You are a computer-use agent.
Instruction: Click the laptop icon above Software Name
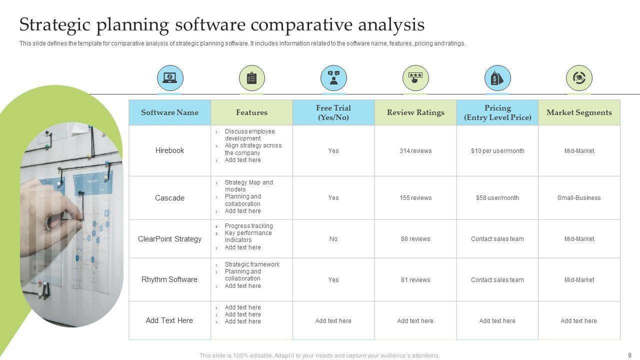pyautogui.click(x=170, y=78)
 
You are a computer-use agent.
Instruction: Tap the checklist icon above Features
pyautogui.click(x=251, y=78)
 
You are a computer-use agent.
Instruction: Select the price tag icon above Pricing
pyautogui.click(x=497, y=78)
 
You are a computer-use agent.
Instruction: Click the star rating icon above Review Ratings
pyautogui.click(x=415, y=78)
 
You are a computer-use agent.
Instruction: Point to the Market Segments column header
pyautogui.click(x=579, y=112)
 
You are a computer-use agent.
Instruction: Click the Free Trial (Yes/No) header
pyautogui.click(x=333, y=112)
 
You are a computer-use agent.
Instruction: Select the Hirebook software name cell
pyautogui.click(x=169, y=150)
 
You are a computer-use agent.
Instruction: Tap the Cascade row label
pyautogui.click(x=169, y=198)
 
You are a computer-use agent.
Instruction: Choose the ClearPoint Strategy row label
pyautogui.click(x=169, y=239)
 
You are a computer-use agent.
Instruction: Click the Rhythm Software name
pyautogui.click(x=169, y=279)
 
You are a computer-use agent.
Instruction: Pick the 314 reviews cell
pyautogui.click(x=415, y=151)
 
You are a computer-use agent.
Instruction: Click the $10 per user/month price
pyautogui.click(x=497, y=151)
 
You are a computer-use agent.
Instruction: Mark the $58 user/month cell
pyautogui.click(x=497, y=198)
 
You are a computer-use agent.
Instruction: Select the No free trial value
pyautogui.click(x=333, y=239)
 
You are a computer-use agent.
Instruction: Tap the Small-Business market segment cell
pyautogui.click(x=579, y=198)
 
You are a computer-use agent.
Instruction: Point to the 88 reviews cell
pyautogui.click(x=415, y=239)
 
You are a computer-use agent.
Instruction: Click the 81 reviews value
pyautogui.click(x=415, y=280)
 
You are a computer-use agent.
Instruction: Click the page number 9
pyautogui.click(x=629, y=355)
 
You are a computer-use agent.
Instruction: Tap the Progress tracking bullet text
pyautogui.click(x=248, y=226)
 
